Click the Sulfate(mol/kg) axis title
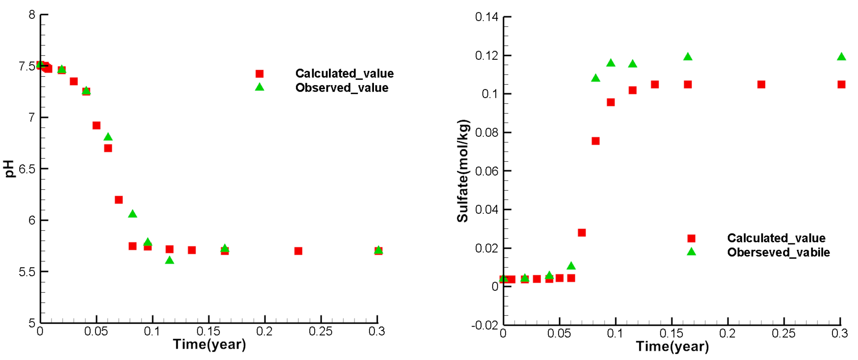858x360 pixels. click(463, 171)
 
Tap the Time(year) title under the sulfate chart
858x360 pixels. click(672, 347)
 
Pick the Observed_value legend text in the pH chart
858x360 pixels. click(341, 88)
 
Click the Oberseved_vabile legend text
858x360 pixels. click(778, 252)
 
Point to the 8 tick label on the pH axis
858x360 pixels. click(32, 15)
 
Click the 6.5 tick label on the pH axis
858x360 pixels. click(27, 169)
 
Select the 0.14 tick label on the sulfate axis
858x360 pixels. click(486, 17)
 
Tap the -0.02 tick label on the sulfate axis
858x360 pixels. click(485, 325)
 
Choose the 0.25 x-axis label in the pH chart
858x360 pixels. click(320, 332)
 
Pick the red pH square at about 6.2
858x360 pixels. click(119, 200)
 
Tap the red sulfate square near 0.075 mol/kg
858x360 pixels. click(596, 141)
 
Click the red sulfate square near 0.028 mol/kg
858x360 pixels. click(582, 233)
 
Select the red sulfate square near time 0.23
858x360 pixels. click(761, 85)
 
